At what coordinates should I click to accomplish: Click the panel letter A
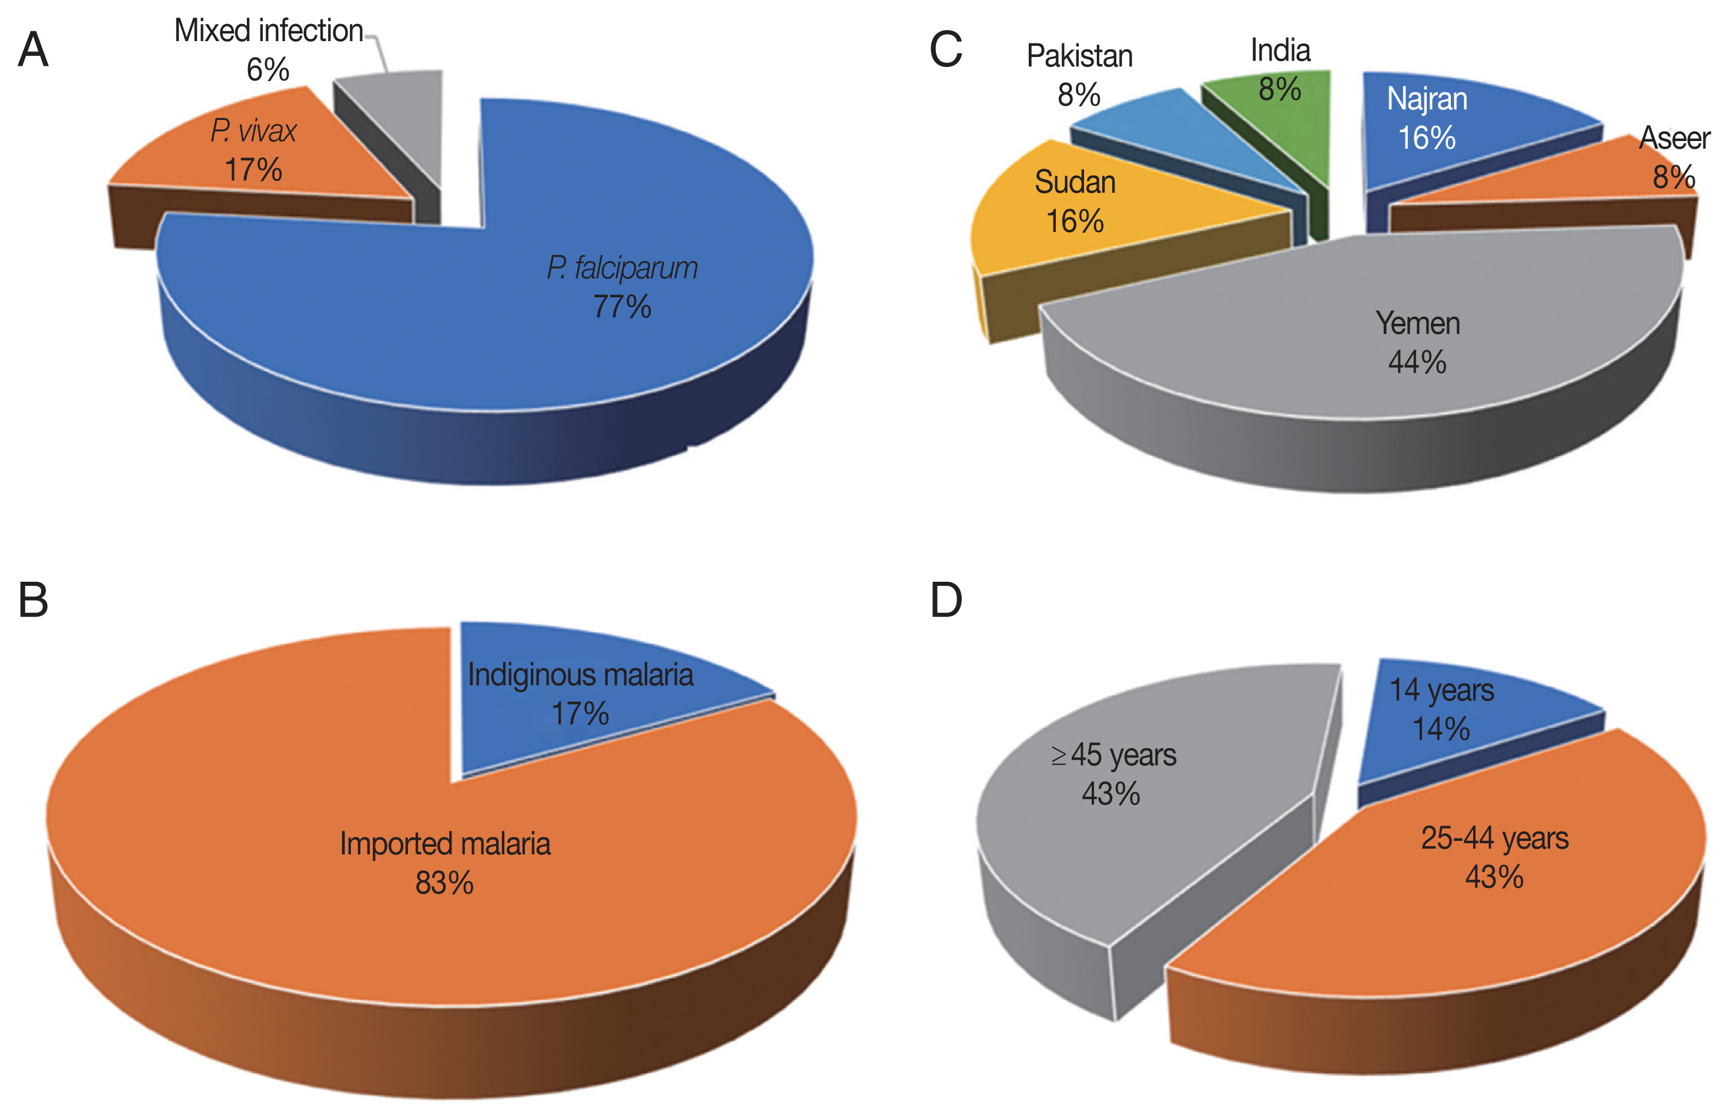tap(33, 51)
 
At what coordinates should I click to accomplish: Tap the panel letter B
tap(33, 600)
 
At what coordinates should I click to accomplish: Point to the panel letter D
tap(946, 600)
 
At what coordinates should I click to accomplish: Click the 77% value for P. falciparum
tap(622, 306)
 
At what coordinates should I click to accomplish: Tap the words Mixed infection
tap(269, 31)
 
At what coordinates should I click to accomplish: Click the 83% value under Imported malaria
tap(444, 883)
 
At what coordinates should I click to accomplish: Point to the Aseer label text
tap(1674, 138)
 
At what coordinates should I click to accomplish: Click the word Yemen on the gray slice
tap(1417, 324)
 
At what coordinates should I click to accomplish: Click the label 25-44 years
tap(1494, 839)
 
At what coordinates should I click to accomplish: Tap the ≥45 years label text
tap(1113, 755)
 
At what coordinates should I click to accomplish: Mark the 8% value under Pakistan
tap(1078, 95)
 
